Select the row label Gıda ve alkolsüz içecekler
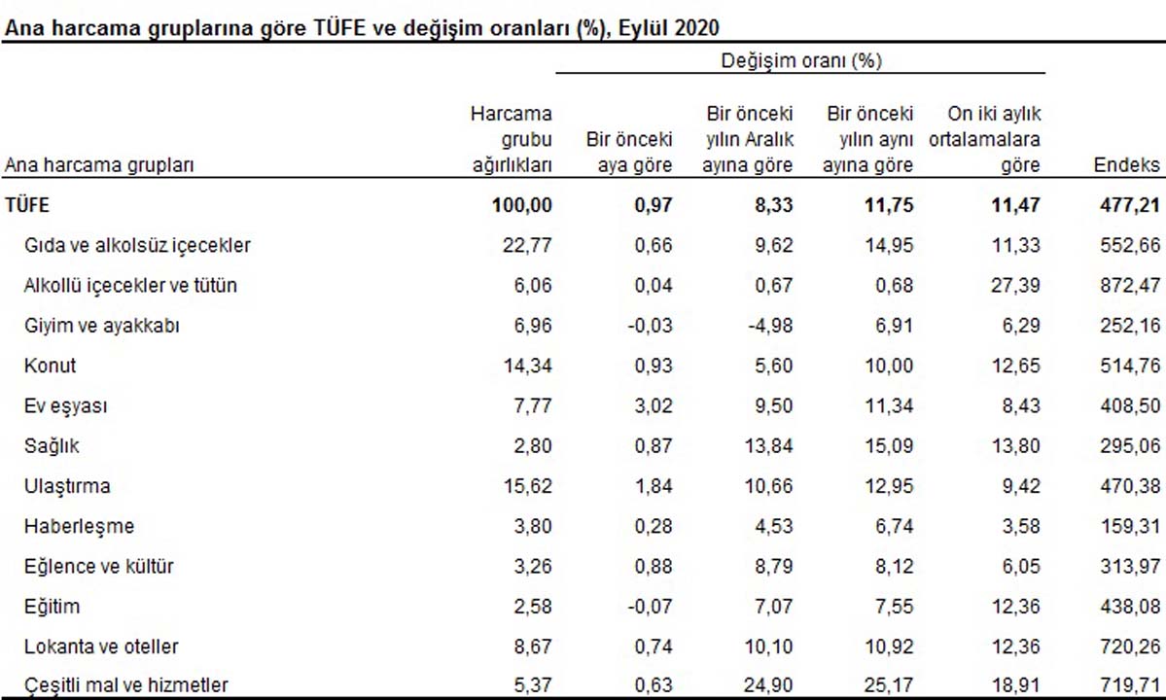click(x=137, y=245)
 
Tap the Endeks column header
click(x=1127, y=165)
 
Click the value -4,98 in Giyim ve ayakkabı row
click(x=768, y=326)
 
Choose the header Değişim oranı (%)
click(x=800, y=61)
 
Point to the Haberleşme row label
click(x=79, y=526)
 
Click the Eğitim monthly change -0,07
click(x=648, y=607)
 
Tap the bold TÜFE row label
click(x=26, y=205)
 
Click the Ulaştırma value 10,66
click(x=769, y=486)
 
